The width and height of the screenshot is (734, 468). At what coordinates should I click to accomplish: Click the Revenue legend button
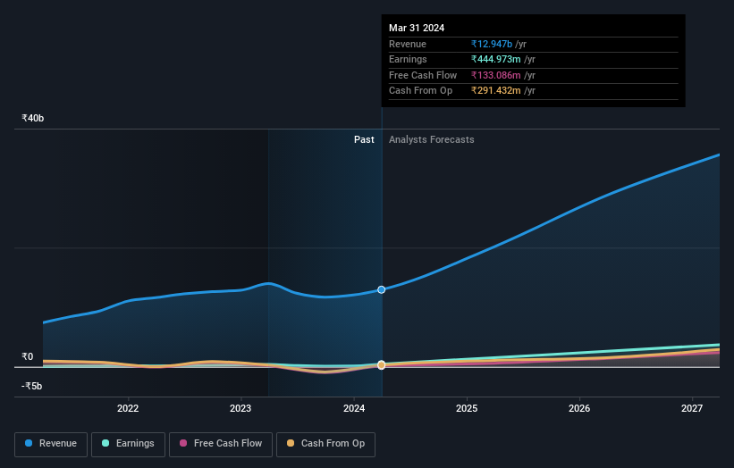click(x=51, y=444)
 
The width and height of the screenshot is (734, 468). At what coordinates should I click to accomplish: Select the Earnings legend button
click(x=128, y=444)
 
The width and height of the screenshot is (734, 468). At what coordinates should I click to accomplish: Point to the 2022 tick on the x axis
click(x=128, y=409)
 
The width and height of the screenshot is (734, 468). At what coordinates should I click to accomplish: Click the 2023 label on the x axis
click(x=240, y=409)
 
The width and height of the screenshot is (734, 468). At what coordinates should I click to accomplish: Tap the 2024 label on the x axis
click(x=353, y=409)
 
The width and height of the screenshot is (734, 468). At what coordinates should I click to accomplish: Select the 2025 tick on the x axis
click(x=466, y=409)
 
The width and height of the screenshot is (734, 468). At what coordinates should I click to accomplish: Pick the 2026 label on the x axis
click(x=578, y=409)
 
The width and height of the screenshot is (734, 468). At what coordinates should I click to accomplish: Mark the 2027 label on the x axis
click(x=691, y=409)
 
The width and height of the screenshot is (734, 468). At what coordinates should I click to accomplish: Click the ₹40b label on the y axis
click(x=33, y=118)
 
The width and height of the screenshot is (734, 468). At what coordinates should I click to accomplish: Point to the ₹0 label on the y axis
click(x=27, y=356)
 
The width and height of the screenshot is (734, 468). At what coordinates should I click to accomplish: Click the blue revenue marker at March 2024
click(x=382, y=289)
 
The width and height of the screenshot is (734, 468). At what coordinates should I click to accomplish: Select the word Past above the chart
click(x=364, y=139)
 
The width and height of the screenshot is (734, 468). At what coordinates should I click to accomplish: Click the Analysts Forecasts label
click(x=431, y=139)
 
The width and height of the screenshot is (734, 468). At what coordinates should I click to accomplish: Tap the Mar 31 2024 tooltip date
click(x=417, y=29)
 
